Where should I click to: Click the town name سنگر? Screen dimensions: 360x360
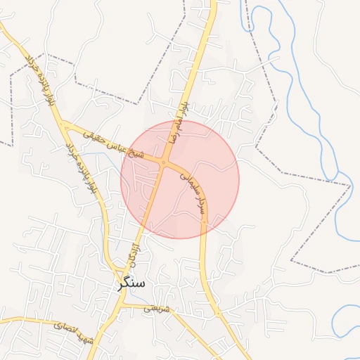tap(132, 283)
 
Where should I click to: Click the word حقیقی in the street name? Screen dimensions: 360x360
tap(94, 135)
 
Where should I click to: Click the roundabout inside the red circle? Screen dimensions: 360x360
tap(163, 163)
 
